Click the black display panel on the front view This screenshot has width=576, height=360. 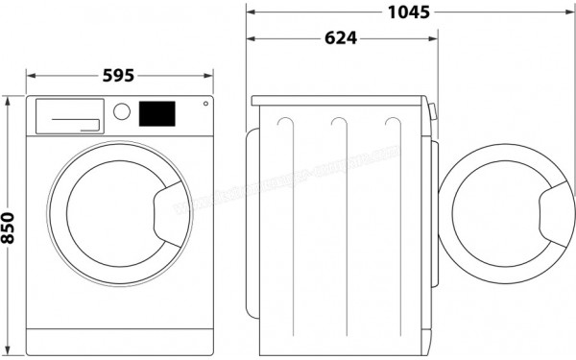pos(158,112)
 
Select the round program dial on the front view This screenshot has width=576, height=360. pos(121,111)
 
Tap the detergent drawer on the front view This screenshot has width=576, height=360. pos(68,115)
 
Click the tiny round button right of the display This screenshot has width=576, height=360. pos(203,106)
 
